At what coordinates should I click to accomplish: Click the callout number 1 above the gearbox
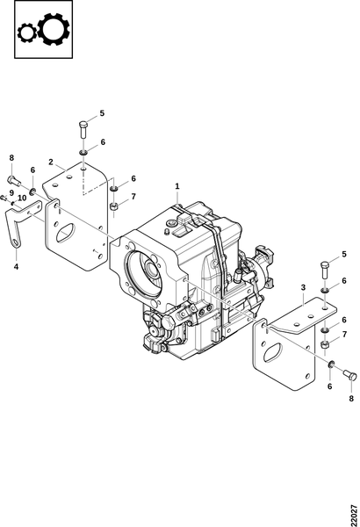[177, 186]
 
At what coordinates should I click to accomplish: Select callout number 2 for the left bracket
[51, 162]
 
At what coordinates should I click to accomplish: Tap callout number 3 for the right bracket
[303, 288]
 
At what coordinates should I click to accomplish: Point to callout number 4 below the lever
[16, 267]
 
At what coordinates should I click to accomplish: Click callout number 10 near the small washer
[22, 198]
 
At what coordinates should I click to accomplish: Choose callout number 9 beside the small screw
[11, 193]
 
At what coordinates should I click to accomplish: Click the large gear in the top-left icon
[54, 29]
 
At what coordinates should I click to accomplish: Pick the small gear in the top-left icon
[27, 33]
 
